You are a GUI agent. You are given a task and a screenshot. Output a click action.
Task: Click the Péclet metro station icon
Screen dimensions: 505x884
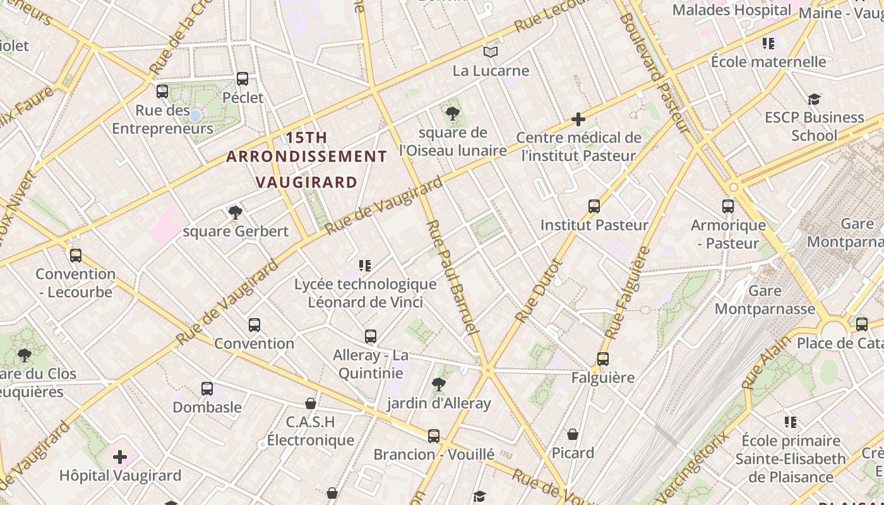(242, 79)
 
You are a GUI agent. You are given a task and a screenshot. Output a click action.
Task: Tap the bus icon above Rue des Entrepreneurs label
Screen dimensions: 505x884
(162, 92)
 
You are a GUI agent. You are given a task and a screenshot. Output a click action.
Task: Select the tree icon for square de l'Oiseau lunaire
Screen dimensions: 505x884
(452, 114)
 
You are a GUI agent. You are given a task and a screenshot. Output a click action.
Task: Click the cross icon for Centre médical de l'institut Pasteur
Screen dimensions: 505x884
(578, 119)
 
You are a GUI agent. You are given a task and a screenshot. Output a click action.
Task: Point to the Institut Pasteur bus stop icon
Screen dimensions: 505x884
(594, 206)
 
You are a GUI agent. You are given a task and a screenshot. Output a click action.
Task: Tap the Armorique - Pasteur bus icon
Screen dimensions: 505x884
(727, 206)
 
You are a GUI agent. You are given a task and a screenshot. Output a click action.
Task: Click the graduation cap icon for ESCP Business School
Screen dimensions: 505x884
(814, 99)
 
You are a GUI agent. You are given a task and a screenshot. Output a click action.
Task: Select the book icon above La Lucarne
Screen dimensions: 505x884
(491, 52)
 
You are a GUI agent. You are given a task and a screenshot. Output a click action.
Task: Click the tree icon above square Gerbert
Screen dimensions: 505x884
(236, 212)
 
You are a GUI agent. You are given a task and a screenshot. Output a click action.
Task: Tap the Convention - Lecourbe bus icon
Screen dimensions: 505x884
(76, 255)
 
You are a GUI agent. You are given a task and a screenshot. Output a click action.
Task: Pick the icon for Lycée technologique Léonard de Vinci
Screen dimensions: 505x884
(365, 265)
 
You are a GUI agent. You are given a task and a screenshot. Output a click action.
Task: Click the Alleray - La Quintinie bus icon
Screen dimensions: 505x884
(371, 336)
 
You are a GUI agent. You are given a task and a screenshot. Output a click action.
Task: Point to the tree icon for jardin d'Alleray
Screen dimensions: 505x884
(438, 384)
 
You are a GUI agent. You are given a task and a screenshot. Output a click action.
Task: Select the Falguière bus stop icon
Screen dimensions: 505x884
(602, 359)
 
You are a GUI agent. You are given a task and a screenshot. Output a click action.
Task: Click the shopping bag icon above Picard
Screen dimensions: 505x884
(573, 434)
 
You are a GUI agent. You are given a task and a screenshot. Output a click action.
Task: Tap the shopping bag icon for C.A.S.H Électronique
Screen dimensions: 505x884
(310, 403)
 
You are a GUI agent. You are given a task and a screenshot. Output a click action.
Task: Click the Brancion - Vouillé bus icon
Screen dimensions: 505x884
(433, 436)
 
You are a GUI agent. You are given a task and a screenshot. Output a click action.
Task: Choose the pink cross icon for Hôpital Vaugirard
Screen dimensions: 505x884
(120, 457)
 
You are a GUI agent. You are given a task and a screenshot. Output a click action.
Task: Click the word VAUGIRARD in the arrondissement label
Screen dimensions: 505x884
(306, 182)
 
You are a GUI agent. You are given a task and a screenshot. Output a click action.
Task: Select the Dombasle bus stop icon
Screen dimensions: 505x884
(207, 389)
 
